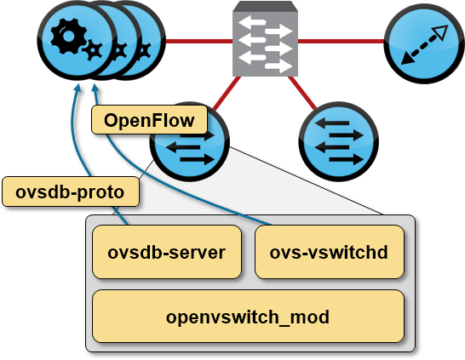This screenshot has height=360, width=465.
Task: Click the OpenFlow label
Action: click(x=149, y=120)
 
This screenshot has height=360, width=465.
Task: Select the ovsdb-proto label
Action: click(x=71, y=191)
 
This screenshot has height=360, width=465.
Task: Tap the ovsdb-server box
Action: click(x=167, y=252)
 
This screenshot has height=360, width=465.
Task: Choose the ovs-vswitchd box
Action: click(x=330, y=252)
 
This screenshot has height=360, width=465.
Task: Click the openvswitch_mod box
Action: click(x=248, y=317)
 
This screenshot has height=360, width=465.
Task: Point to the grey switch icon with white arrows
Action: click(x=265, y=39)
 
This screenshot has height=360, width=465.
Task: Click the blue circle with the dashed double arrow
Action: click(x=424, y=43)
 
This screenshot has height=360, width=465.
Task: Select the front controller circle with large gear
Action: click(x=77, y=40)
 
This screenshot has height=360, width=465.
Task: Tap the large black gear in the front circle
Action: click(x=68, y=37)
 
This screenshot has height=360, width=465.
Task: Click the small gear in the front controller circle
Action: click(x=93, y=51)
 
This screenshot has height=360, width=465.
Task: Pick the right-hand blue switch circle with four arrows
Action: click(x=339, y=141)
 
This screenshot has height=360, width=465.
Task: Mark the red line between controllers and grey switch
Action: click(x=199, y=41)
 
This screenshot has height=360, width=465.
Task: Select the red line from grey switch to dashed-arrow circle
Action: click(x=341, y=41)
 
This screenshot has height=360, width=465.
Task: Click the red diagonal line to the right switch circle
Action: click(x=302, y=93)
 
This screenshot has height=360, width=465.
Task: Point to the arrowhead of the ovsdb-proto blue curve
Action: click(x=77, y=88)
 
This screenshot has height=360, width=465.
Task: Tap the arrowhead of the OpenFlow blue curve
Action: click(x=95, y=88)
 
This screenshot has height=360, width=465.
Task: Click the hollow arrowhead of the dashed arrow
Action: click(x=441, y=32)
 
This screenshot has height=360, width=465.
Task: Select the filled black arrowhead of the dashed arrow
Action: click(x=407, y=60)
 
